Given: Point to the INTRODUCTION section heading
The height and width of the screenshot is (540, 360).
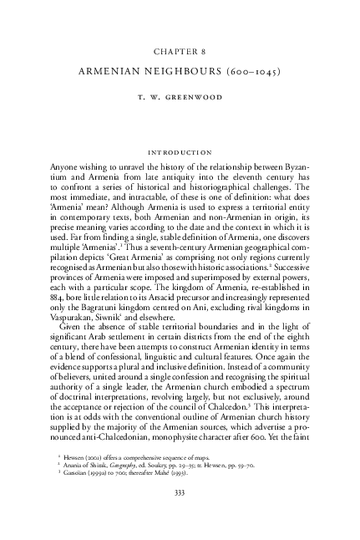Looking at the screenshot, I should pyautogui.click(x=180, y=153).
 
